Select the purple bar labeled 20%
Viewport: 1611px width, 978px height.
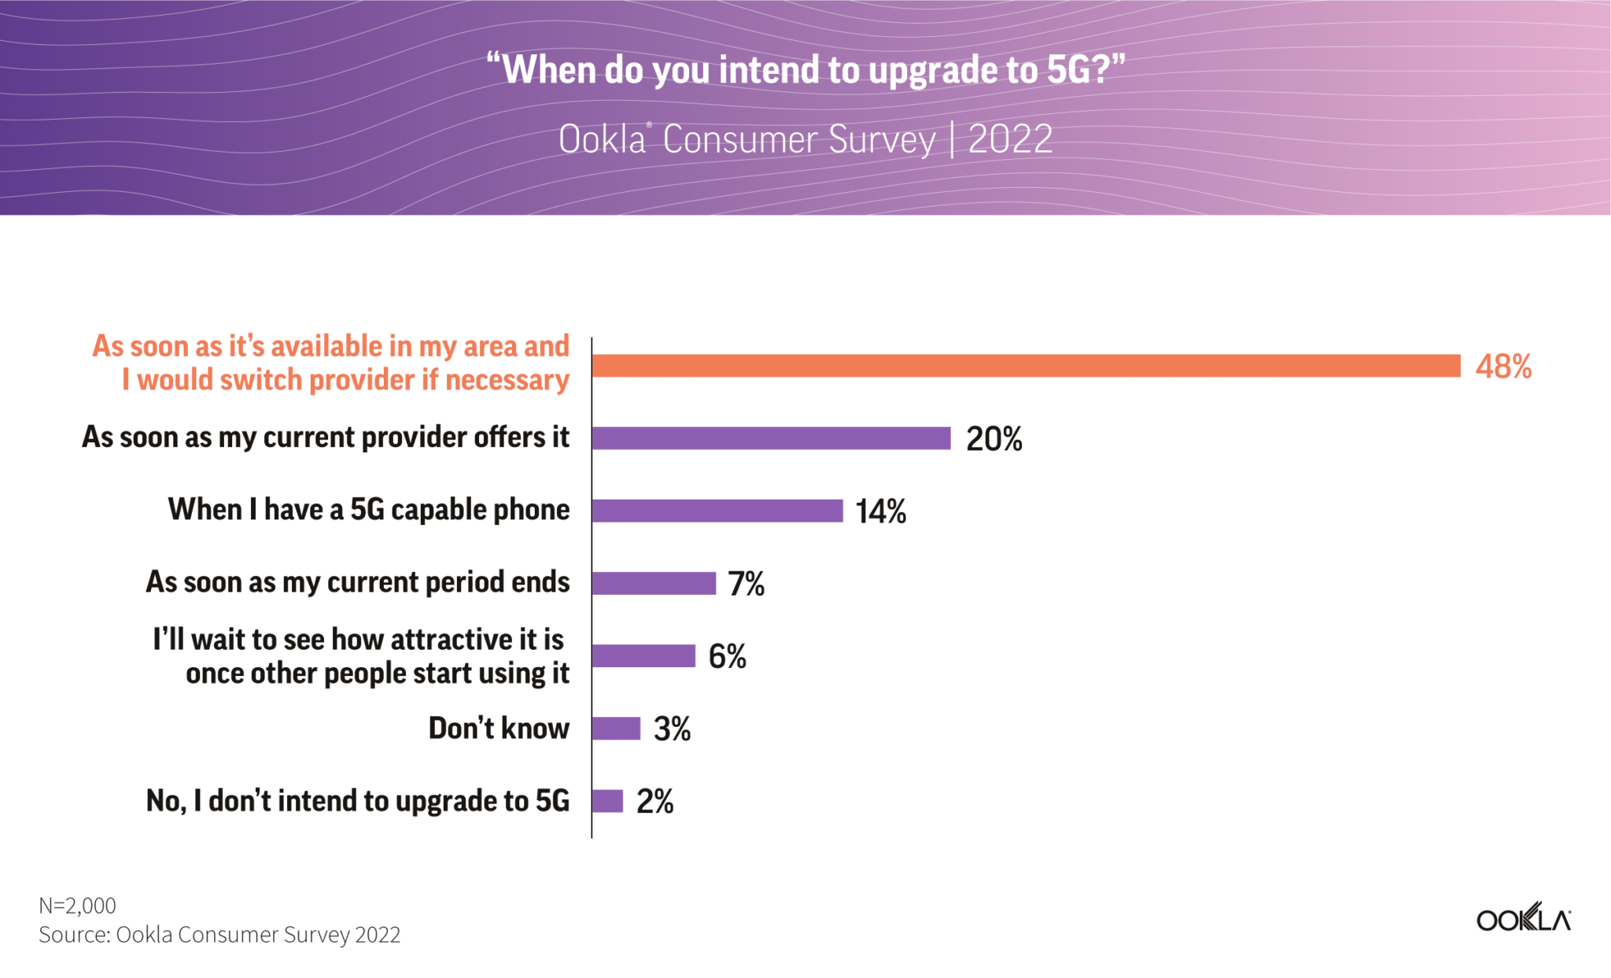pyautogui.click(x=771, y=438)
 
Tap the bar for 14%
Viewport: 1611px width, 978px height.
pyautogui.click(x=717, y=511)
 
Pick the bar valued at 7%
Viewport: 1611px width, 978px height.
pyautogui.click(x=654, y=583)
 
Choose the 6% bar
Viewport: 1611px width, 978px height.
pyautogui.click(x=644, y=655)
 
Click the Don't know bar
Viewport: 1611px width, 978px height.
pyautogui.click(x=617, y=729)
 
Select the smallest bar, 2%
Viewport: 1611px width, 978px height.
pyautogui.click(x=608, y=801)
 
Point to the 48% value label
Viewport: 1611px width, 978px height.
pyautogui.click(x=1503, y=366)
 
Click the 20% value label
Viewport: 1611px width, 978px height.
pyautogui.click(x=994, y=439)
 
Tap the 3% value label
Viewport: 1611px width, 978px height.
pyautogui.click(x=672, y=729)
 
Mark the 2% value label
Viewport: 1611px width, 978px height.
pyautogui.click(x=655, y=802)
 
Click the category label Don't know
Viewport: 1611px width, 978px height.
pyautogui.click(x=499, y=729)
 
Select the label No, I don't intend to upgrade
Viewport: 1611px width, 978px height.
pyautogui.click(x=358, y=801)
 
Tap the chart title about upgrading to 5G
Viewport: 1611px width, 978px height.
pyautogui.click(x=805, y=69)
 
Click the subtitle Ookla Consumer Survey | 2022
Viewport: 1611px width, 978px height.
pyautogui.click(x=805, y=140)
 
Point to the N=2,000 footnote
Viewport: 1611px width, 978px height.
pyautogui.click(x=77, y=906)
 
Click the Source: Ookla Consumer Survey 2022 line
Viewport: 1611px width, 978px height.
pyautogui.click(x=219, y=935)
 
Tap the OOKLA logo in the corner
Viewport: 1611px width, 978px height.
pyautogui.click(x=1523, y=919)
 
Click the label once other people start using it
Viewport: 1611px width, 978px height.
pyautogui.click(x=378, y=674)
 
